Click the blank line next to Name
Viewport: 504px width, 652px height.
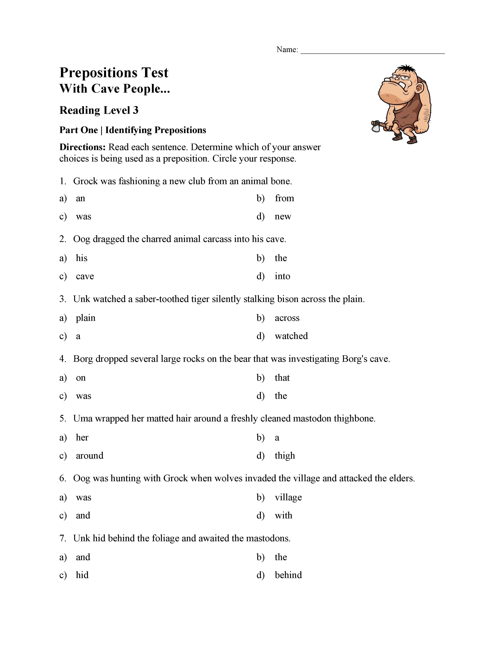[372, 51]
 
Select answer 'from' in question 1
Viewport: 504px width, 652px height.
[284, 198]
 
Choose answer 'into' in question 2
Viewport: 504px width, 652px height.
[282, 276]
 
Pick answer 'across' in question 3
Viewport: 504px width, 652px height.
[287, 318]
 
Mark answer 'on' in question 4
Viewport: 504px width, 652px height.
[81, 378]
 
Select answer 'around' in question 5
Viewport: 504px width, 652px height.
[90, 456]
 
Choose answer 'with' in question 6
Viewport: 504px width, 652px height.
[283, 515]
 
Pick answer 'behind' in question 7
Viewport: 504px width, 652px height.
[288, 575]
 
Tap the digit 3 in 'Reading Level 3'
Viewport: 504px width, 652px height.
[136, 110]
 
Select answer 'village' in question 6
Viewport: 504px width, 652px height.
[288, 497]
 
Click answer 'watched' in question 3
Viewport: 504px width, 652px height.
[291, 336]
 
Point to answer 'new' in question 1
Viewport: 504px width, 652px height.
[282, 216]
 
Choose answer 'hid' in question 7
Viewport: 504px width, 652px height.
[82, 575]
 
